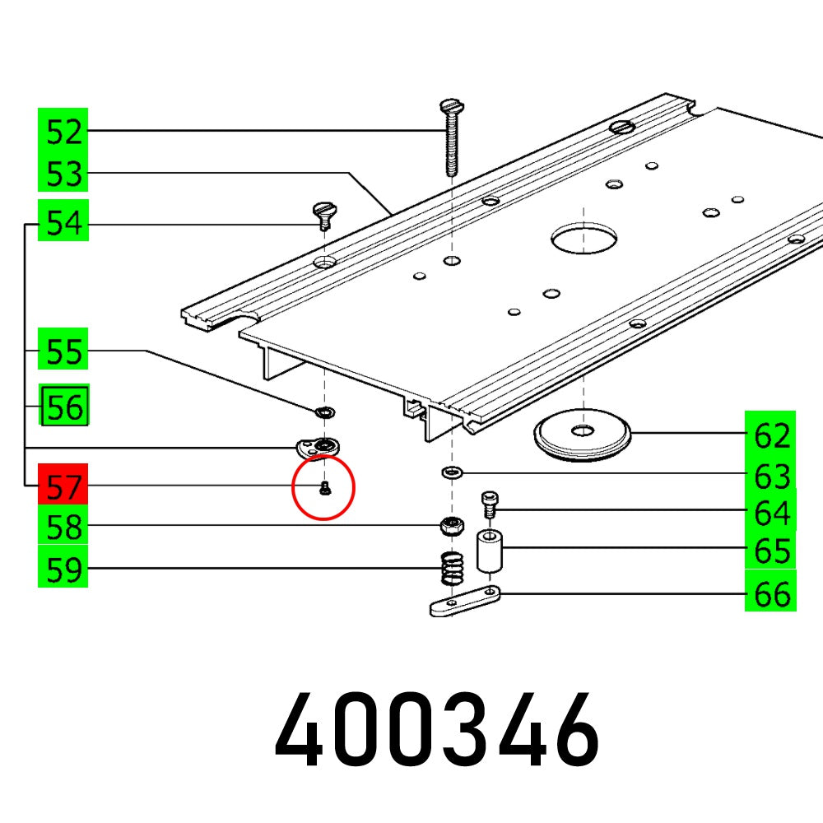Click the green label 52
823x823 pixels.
coord(63,132)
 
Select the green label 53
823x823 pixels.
coord(63,174)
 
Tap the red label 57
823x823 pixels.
coord(63,488)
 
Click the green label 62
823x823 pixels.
coord(771,435)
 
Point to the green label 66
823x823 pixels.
coord(771,594)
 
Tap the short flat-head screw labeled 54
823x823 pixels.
coord(323,217)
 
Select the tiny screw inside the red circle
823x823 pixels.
coord(324,490)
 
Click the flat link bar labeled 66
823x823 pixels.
coord(464,602)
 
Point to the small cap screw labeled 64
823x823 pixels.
coord(488,503)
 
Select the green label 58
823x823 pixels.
coord(63,528)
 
